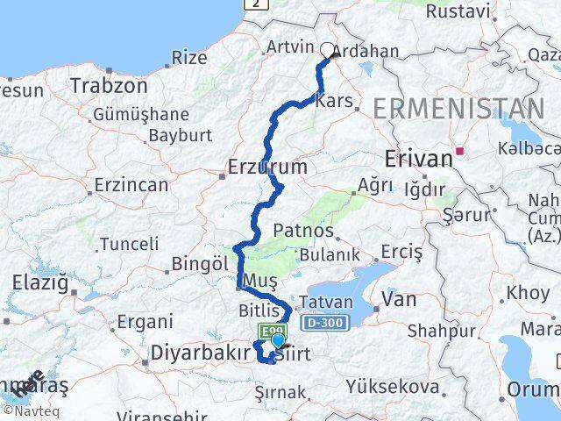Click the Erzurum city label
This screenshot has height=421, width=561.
pos(267,166)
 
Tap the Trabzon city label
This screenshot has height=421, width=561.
pos(109,86)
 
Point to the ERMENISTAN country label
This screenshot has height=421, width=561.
pos(458,109)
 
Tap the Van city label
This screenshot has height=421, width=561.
pos(406,300)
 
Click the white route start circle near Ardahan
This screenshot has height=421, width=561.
pos(328,50)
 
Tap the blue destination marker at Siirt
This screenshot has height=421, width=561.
pos(278,341)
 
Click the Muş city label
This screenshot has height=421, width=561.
pos(261,280)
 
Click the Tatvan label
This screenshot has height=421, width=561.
pos(327,303)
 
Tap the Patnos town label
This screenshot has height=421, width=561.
pos(304,231)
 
